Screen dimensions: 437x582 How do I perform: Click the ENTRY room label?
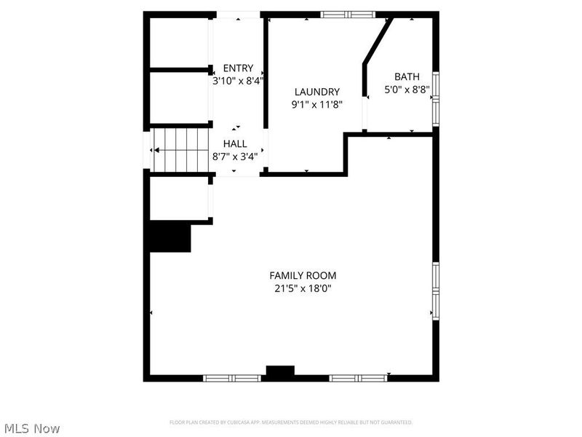(238, 68)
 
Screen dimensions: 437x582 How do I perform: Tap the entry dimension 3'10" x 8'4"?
(236, 81)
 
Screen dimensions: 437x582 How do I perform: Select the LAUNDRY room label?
(316, 92)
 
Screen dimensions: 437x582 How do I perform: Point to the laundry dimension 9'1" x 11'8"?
(316, 104)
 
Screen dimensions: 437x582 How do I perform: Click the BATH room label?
(407, 76)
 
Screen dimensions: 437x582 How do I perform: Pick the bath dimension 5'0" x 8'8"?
(407, 90)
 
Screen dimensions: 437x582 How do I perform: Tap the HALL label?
(235, 143)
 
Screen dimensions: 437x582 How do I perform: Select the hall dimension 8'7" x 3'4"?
(235, 156)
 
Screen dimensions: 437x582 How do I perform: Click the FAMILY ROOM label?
(303, 275)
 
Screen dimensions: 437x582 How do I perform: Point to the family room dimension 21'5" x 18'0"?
(303, 288)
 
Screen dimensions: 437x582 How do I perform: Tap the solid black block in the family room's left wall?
(170, 237)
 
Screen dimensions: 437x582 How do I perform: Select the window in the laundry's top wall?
(348, 14)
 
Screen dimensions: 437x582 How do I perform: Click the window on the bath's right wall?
(436, 98)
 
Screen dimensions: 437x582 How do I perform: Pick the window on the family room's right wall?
(436, 291)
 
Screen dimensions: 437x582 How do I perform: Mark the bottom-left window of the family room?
(231, 378)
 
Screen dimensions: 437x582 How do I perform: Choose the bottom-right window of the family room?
(358, 378)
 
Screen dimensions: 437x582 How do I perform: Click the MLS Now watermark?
(32, 428)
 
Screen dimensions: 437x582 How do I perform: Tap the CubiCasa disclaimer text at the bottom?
(291, 422)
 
